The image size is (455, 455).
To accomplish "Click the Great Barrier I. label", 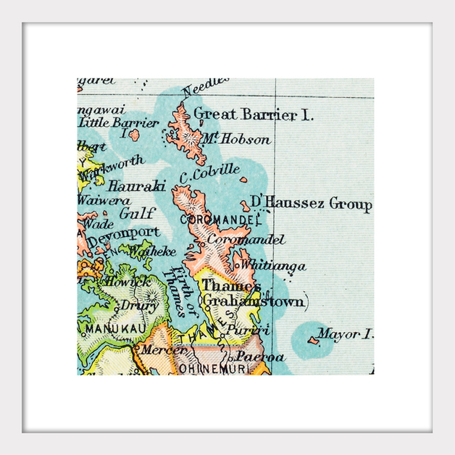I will [x=253, y=114].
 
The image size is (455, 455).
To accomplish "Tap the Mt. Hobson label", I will [x=236, y=138].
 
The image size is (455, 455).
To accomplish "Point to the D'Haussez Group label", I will [x=310, y=203].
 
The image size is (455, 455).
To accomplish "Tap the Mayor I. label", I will [x=345, y=334].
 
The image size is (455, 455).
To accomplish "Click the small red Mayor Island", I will [x=313, y=340].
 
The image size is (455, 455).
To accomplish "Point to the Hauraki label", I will [x=136, y=186].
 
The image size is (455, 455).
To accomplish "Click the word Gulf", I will [x=137, y=213].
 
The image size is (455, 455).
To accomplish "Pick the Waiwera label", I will [x=104, y=200].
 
